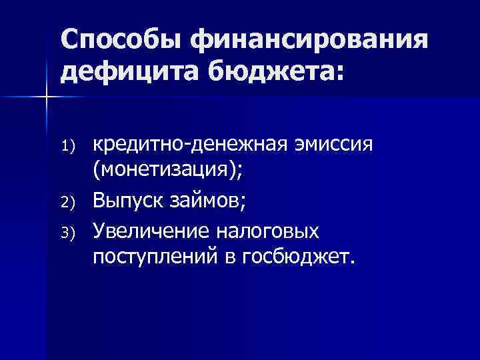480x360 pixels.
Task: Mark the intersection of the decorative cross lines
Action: (46, 97)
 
